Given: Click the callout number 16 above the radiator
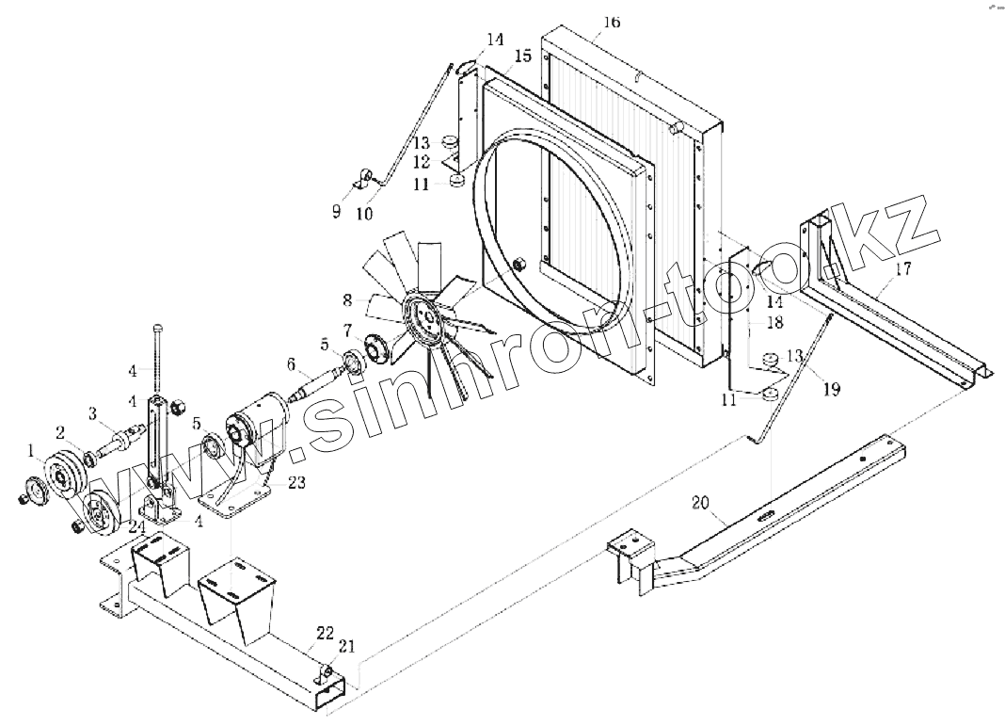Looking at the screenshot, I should [612, 22].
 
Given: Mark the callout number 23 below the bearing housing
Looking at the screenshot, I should [296, 482].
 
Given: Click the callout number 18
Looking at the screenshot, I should [774, 323].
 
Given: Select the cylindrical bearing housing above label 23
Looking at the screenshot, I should [258, 423].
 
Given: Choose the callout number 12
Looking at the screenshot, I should [421, 163].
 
